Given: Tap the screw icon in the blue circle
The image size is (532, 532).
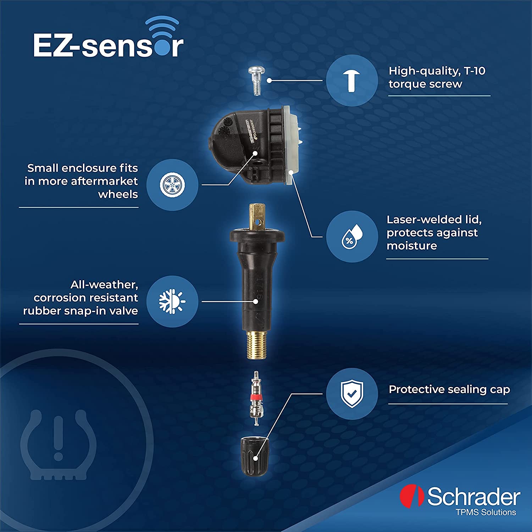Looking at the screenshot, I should [351, 81].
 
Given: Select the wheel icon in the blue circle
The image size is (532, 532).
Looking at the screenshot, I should [172, 185].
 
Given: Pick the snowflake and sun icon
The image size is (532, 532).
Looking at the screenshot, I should [172, 301].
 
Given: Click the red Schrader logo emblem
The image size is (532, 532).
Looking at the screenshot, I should [411, 496].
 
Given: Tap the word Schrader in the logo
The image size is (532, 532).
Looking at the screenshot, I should [474, 497].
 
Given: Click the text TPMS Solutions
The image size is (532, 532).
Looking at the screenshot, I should [486, 512].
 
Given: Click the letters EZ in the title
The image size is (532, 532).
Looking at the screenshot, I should [53, 45].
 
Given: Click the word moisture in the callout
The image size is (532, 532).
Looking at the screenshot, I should [411, 246].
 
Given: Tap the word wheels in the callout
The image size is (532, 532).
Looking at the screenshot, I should [118, 194].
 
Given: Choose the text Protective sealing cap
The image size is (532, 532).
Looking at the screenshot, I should [449, 389].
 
